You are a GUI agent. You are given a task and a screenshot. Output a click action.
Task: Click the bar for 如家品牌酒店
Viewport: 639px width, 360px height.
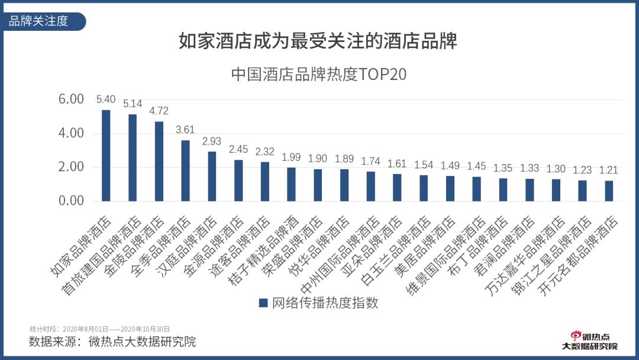[x=106, y=155]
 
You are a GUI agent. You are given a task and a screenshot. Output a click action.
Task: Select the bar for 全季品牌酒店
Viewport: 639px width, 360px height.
[x=185, y=171]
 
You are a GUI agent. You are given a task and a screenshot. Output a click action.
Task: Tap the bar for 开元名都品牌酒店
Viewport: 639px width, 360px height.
[x=609, y=191]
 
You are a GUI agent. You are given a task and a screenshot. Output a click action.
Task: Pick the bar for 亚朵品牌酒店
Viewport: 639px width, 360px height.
[x=397, y=187]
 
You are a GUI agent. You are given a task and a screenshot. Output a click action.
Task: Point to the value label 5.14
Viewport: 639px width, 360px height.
[x=133, y=104]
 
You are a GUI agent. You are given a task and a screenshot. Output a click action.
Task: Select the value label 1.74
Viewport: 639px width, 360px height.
[x=370, y=161]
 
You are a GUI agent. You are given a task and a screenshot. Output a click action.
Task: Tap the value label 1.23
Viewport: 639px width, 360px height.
[x=582, y=170]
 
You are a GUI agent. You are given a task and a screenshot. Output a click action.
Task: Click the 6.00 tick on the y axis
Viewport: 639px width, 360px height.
[x=71, y=99]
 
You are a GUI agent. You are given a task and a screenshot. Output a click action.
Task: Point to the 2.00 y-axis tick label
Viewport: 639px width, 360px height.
[x=71, y=167]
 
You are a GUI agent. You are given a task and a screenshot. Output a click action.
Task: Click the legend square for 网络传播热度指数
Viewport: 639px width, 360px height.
[x=264, y=303]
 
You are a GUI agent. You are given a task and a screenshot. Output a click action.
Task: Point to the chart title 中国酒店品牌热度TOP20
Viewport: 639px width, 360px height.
[x=319, y=75]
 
